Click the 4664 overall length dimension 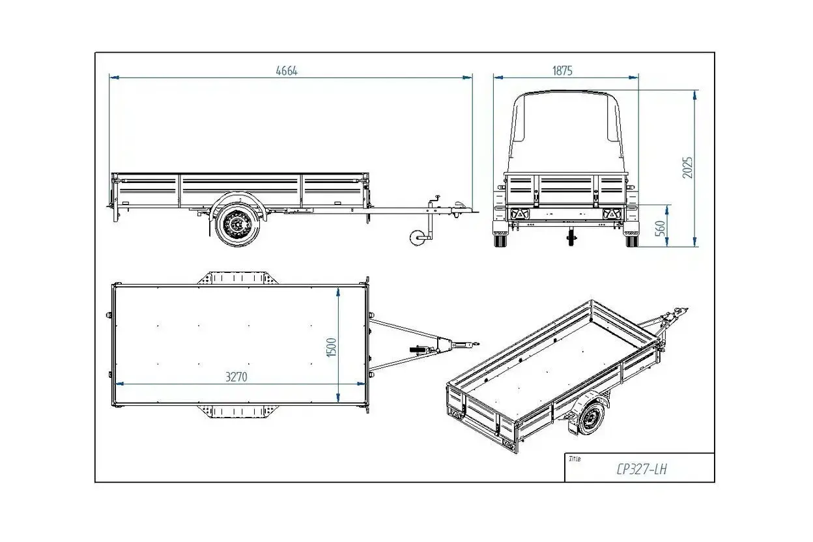coord(287,70)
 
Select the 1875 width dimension coord(562,70)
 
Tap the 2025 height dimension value coord(687,167)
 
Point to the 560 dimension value coord(661,228)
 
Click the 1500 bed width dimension coord(332,347)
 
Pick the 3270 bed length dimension coord(236,377)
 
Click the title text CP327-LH coord(641,470)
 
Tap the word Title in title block coord(575,459)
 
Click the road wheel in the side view coord(237,225)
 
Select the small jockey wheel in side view coord(417,237)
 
